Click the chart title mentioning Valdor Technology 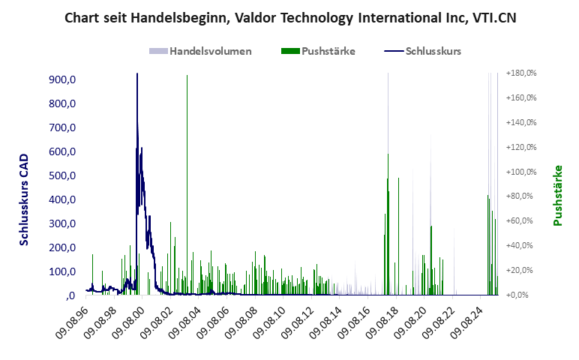tap(290, 17)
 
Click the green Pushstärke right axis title tap(557, 195)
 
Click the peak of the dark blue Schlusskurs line tap(136, 75)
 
